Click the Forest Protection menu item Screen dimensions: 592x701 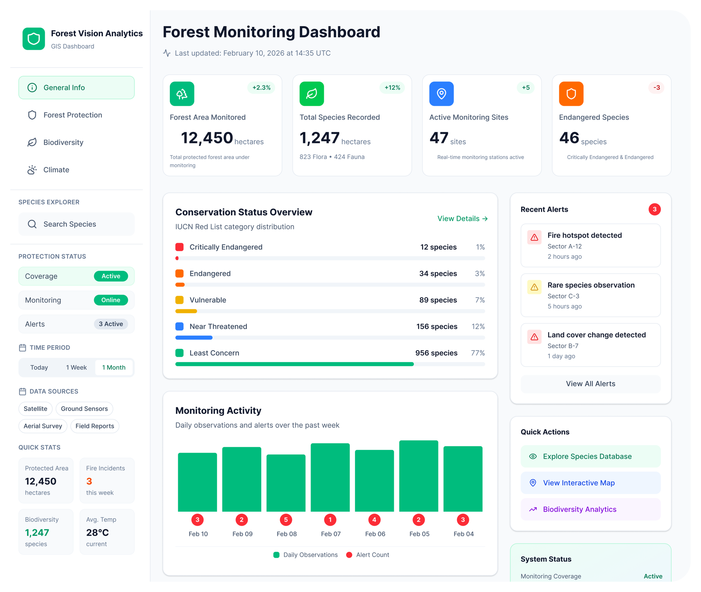click(73, 115)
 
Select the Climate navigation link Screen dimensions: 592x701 click(56, 170)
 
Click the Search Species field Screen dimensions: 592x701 click(77, 224)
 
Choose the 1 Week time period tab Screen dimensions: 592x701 click(76, 367)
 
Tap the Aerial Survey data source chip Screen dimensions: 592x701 click(43, 426)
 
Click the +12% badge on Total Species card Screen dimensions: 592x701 click(392, 88)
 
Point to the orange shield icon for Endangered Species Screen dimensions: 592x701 click(571, 94)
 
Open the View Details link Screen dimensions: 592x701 click(462, 219)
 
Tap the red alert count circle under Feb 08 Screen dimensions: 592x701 click(286, 520)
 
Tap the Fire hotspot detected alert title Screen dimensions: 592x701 click(584, 236)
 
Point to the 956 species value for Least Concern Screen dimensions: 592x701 click(436, 353)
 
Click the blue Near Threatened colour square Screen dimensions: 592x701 click(179, 327)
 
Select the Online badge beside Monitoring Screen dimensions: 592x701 click(111, 300)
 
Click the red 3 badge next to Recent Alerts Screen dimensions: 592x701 click(654, 209)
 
